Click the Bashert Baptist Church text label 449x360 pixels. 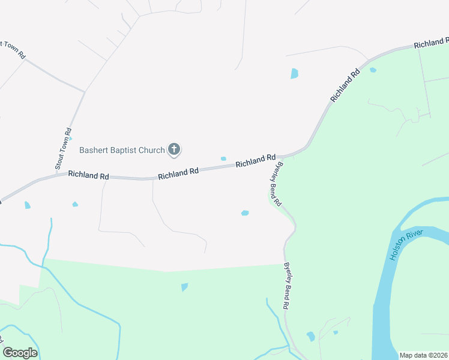click(x=122, y=150)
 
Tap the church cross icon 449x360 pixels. click(x=174, y=149)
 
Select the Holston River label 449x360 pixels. click(x=406, y=245)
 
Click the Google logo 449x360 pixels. click(x=20, y=353)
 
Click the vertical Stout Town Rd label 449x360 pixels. click(x=63, y=148)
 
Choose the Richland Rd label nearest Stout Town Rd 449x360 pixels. click(x=88, y=176)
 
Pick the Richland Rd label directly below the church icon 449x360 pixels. click(x=178, y=172)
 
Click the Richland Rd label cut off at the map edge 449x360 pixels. click(x=431, y=43)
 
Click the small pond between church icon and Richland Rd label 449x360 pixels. click(x=223, y=158)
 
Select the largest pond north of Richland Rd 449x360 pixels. click(x=294, y=73)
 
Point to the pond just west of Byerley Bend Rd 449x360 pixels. click(x=245, y=213)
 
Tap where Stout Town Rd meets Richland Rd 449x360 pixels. click(x=57, y=175)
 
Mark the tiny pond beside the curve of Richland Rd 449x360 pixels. click(x=373, y=70)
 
